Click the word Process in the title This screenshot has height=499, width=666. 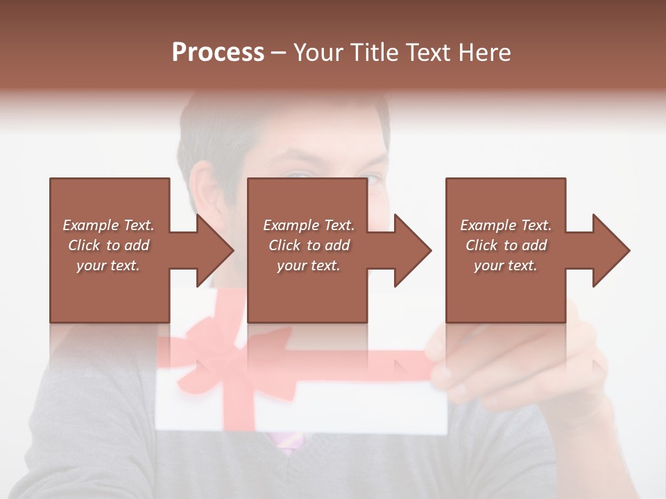218,53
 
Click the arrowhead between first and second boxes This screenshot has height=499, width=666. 214,250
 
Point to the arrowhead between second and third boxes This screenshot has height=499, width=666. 412,250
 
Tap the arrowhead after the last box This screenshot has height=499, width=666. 610,250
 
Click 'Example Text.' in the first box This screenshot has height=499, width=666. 109,225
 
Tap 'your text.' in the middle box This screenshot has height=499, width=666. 308,265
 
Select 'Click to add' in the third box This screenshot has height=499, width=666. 506,245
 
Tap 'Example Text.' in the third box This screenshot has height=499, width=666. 506,225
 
